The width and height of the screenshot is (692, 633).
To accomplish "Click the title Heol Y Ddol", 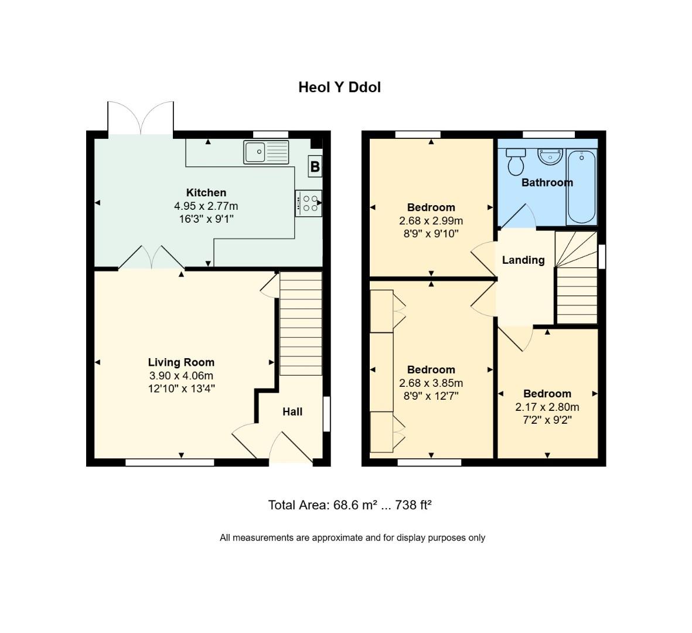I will [339, 87].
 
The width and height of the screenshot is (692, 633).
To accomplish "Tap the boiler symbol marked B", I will [315, 166].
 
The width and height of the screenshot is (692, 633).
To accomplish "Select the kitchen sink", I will [267, 152].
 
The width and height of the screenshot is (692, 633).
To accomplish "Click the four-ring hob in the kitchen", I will [308, 203].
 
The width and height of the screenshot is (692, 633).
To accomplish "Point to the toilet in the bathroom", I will [516, 161].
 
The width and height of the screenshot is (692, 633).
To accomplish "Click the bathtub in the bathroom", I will [581, 187].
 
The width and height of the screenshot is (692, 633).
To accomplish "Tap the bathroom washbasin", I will [550, 156].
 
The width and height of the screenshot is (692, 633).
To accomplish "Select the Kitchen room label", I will [206, 193].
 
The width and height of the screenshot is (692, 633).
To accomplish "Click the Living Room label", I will [181, 362].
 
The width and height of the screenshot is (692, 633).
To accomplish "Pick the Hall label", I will [292, 412].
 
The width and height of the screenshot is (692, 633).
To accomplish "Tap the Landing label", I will [523, 260].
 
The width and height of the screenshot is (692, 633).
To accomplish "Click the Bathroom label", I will [547, 182].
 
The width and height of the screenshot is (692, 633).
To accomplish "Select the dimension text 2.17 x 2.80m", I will [547, 407].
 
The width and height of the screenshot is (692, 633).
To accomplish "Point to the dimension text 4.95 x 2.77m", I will [206, 206].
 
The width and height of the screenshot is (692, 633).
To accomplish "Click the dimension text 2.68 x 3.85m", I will [431, 383].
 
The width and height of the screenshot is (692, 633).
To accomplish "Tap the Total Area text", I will [350, 505].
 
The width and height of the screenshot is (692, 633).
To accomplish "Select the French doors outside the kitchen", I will [141, 119].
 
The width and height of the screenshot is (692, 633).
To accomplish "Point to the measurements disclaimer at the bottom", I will [352, 537].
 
